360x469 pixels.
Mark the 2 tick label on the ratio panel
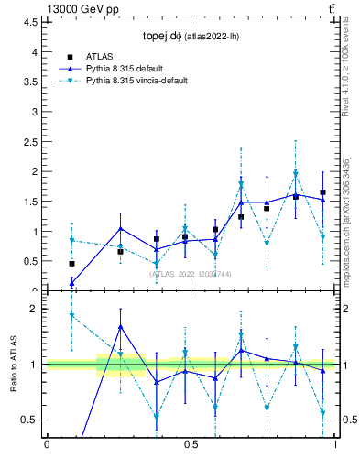(33, 309)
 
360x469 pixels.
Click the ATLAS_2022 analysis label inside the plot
(191, 274)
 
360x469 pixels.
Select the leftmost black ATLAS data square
(71, 263)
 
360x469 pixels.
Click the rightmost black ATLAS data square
(322, 192)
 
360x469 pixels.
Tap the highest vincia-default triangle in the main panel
(296, 174)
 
